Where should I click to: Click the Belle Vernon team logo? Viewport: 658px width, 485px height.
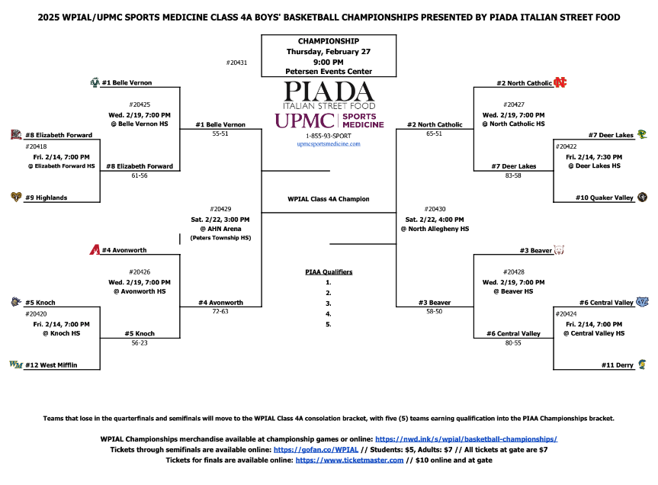coord(95,82)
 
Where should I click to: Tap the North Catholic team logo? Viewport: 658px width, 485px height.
coord(560,82)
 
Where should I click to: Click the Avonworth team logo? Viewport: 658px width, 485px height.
coord(95,250)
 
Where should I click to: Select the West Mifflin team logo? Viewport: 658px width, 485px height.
coord(15,365)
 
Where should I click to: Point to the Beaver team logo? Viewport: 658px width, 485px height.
coord(559,250)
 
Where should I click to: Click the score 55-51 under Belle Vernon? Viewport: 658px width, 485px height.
coord(220,133)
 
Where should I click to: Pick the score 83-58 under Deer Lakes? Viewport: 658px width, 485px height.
coord(513,175)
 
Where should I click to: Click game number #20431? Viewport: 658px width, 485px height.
coord(238,62)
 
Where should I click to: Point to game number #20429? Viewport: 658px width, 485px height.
coord(220,208)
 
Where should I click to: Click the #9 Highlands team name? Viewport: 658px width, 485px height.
coord(46,198)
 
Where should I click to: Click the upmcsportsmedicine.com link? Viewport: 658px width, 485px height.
coord(329,143)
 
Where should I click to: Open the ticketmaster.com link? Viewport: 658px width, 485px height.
coord(349,460)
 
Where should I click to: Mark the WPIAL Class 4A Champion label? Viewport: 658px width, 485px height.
coord(329,199)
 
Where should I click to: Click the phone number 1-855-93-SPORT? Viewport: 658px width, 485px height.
coord(329,135)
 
